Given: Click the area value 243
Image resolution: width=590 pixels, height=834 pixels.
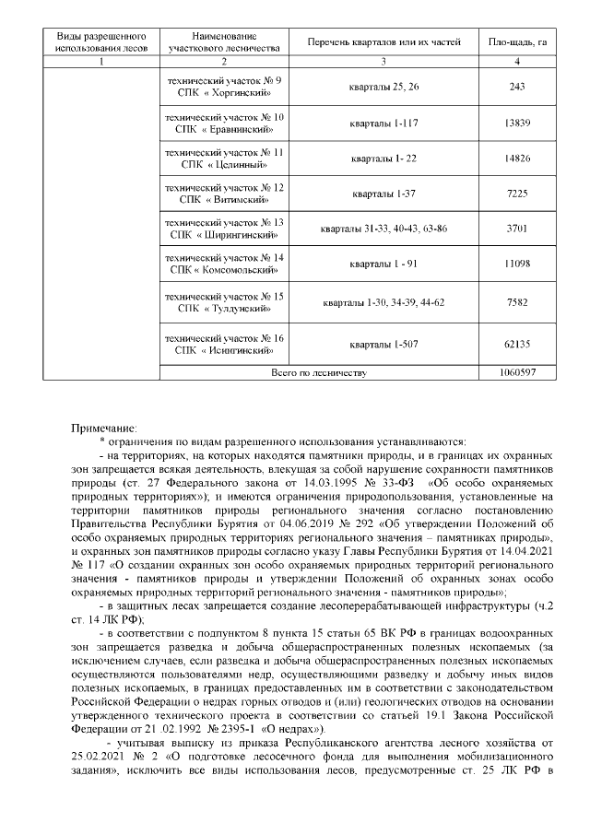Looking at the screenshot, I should tap(516, 87).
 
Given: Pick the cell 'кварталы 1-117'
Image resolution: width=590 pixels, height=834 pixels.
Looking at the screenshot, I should tap(382, 123).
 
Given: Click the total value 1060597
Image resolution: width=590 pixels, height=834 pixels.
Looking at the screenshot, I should tap(516, 373).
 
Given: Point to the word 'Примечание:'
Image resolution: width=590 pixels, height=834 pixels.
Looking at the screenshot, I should tap(104, 428).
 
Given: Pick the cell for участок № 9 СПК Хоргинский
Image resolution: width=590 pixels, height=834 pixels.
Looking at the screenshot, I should tap(223, 87).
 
